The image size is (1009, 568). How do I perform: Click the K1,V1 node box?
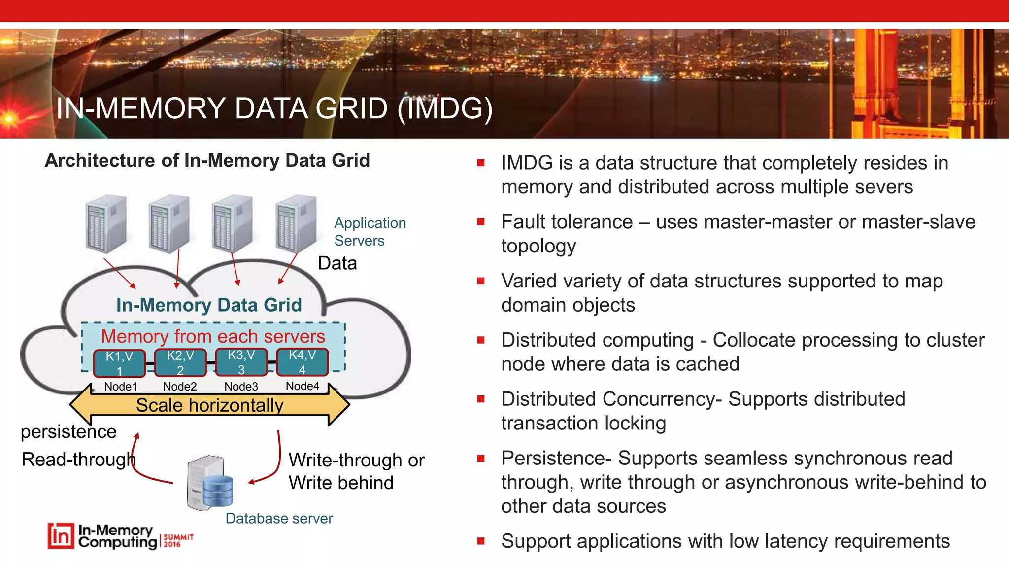coord(119,363)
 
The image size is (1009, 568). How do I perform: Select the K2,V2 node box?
coord(180,362)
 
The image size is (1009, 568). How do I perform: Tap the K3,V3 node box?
coord(241,362)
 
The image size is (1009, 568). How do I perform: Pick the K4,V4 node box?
coord(302,362)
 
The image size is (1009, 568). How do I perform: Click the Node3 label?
coord(241,387)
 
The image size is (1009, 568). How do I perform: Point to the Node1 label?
coord(121,387)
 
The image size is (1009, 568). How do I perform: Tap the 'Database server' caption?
coord(279,519)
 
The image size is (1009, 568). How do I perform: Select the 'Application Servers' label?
coord(370,232)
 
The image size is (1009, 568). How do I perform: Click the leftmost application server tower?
coord(105,224)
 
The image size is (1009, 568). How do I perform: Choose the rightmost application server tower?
coord(296,224)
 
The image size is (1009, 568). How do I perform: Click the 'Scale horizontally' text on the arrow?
coord(210,405)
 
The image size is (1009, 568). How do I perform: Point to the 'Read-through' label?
coord(78,460)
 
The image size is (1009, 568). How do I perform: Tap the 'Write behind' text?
coord(341,483)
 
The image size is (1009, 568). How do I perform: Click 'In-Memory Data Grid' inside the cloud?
coord(209,305)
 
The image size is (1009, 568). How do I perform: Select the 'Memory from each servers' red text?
coord(213,336)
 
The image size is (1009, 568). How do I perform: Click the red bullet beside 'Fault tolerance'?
coord(481,222)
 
